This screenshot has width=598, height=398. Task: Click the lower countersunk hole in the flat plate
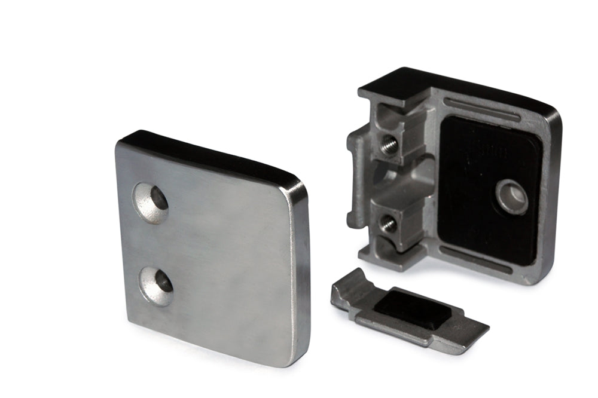pos(157,286)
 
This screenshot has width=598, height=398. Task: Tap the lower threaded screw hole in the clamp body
pos(388,223)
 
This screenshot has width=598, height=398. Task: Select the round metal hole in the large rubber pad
pos(512,196)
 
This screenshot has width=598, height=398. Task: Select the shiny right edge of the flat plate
pos(301,269)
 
